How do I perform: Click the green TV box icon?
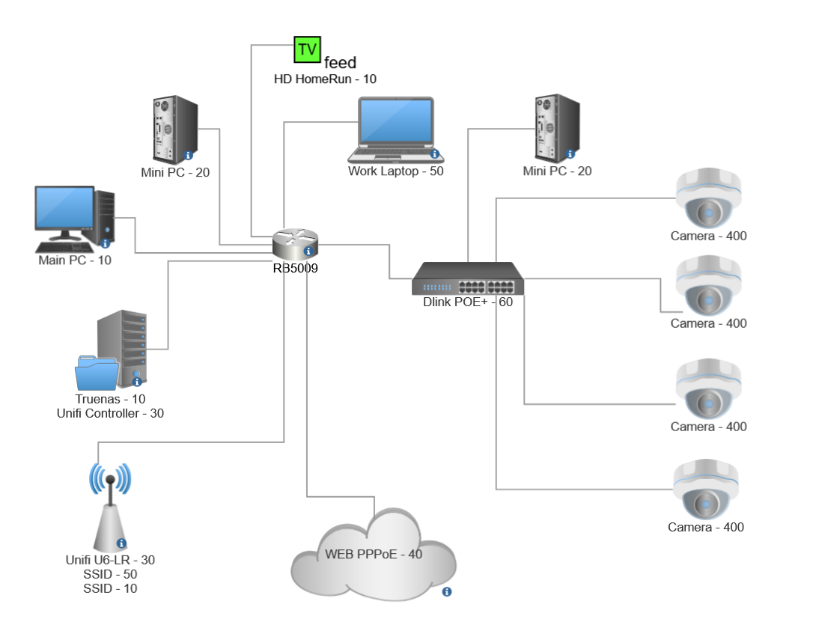tap(306, 49)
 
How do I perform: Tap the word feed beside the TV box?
tap(340, 63)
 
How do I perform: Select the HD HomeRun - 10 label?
tap(326, 79)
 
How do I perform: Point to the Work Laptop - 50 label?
tap(395, 171)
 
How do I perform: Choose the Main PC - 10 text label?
tap(75, 260)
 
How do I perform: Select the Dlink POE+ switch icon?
tap(468, 279)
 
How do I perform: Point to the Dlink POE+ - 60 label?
tap(468, 302)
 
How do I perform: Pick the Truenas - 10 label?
tap(110, 399)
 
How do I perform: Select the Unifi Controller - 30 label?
tap(110, 412)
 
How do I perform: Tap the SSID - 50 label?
tap(110, 574)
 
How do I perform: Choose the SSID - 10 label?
tap(110, 588)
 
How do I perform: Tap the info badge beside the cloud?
tap(447, 592)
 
